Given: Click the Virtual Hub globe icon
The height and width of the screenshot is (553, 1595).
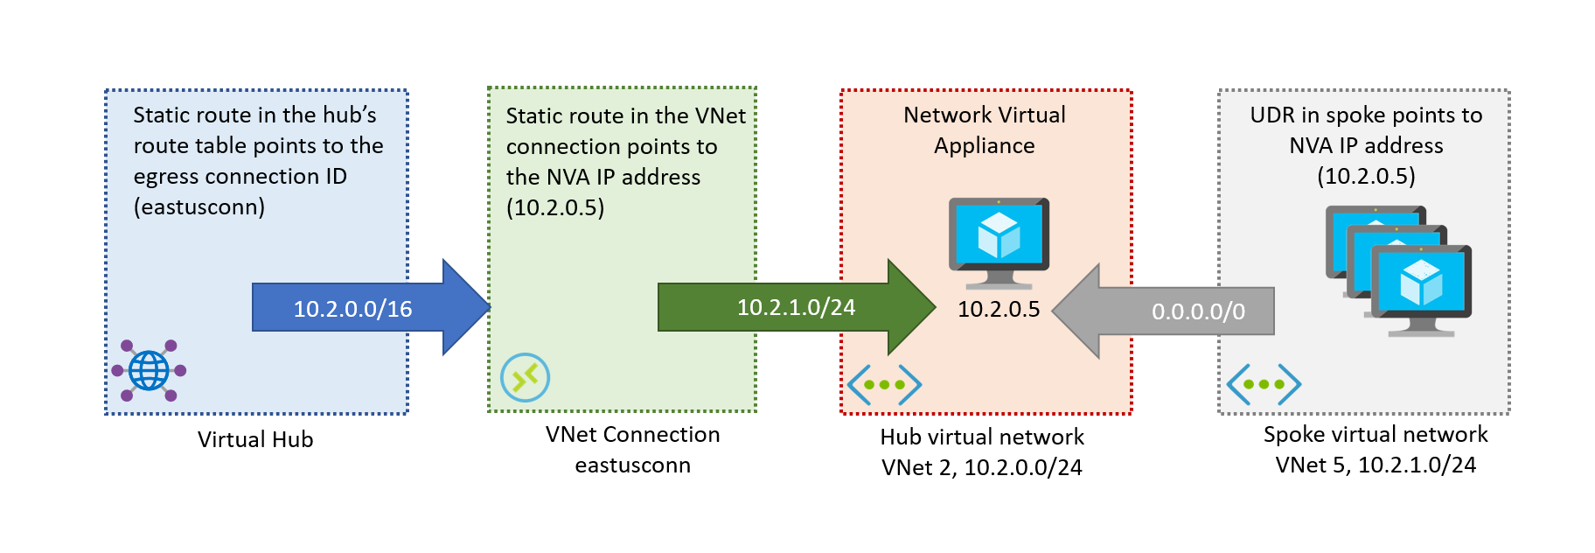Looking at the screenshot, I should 149,370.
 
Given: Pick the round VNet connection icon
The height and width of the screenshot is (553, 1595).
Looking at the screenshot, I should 525,377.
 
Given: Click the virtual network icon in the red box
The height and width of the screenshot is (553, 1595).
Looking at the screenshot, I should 884,384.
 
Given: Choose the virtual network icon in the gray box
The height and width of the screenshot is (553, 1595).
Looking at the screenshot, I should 1264,383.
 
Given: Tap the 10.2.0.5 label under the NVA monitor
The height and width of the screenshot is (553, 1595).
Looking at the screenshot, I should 999,309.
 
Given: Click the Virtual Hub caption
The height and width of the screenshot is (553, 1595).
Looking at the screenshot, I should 255,439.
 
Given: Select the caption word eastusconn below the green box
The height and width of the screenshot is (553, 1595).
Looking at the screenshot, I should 632,465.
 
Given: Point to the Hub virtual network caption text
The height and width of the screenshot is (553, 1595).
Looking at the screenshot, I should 981,437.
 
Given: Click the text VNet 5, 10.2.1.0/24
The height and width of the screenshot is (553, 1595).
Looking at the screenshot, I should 1376,465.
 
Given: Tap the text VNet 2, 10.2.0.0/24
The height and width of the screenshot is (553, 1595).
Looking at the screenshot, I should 981,467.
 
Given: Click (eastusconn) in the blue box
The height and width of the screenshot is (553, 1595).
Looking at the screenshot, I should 199,206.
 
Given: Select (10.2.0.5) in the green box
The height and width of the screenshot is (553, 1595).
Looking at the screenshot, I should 554,207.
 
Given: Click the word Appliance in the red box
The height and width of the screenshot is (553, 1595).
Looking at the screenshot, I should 984,145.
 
